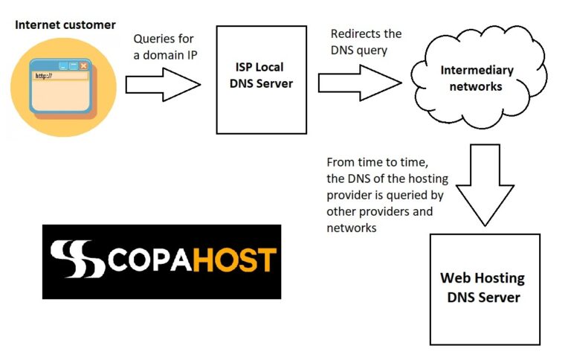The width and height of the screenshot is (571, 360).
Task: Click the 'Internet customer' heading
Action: (65, 25)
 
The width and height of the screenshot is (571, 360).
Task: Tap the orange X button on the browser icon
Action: (84, 65)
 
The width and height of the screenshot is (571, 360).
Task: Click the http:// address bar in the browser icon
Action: (61, 76)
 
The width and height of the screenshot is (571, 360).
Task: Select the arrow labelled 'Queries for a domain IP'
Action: (163, 85)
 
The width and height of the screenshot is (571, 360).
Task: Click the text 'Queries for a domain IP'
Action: (165, 47)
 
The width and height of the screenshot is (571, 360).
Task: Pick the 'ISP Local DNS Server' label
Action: (261, 75)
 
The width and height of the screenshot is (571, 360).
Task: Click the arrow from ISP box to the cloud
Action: (360, 83)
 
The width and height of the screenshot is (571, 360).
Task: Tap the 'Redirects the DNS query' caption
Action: (366, 42)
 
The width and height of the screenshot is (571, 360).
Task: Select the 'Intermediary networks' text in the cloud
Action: (477, 78)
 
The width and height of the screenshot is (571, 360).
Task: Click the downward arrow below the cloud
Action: (485, 185)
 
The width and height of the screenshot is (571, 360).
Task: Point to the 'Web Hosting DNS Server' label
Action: (483, 288)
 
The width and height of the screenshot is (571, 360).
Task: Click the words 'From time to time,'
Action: (377, 162)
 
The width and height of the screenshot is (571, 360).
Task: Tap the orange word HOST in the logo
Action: (234, 260)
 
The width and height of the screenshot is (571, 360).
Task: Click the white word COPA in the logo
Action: (149, 260)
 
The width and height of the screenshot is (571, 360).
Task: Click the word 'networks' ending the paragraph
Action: (352, 228)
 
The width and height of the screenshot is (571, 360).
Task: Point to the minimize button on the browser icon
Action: (63, 66)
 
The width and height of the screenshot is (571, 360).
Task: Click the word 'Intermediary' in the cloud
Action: (477, 71)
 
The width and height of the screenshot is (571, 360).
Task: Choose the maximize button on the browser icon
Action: (74, 65)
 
